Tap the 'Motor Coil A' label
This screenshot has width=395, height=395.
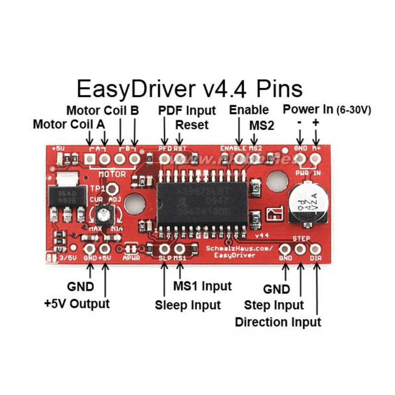pos(69,124)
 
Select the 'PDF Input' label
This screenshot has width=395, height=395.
pos(187,110)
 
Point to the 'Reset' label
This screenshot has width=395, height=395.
pos(192,124)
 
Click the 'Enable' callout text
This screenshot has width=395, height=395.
pos(249,110)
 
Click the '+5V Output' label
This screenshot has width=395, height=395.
pos(77,303)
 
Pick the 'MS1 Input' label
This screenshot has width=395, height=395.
pos(202,286)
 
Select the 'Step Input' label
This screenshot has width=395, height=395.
pos(274,305)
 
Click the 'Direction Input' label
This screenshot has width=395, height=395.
pos(278,322)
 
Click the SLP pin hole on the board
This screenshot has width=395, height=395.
pos(165,248)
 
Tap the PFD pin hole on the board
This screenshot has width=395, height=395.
pos(165,158)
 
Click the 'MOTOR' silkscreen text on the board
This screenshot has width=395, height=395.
pos(112,174)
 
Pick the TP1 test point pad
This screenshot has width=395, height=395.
pos(113,188)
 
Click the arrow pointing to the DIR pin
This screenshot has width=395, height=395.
pos(315,286)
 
